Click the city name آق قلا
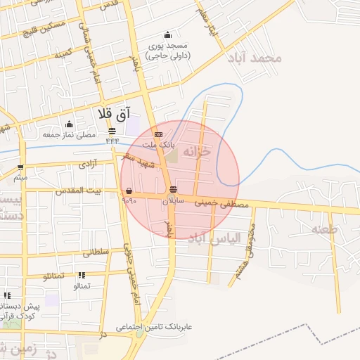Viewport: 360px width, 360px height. (x=112, y=113)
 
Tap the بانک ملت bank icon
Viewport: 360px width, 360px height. (x=159, y=134)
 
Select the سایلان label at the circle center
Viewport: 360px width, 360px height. (x=173, y=200)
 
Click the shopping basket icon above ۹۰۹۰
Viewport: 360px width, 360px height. (x=129, y=191)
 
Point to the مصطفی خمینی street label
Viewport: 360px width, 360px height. (x=225, y=204)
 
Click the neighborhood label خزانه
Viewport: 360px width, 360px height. (x=196, y=151)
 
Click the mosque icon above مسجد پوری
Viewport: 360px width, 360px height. (x=167, y=35)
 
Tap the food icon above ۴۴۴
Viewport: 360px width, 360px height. (x=112, y=131)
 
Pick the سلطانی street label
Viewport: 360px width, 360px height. (x=96, y=252)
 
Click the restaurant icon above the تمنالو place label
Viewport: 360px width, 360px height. (x=82, y=276)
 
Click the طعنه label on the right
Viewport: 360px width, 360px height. (x=325, y=229)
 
